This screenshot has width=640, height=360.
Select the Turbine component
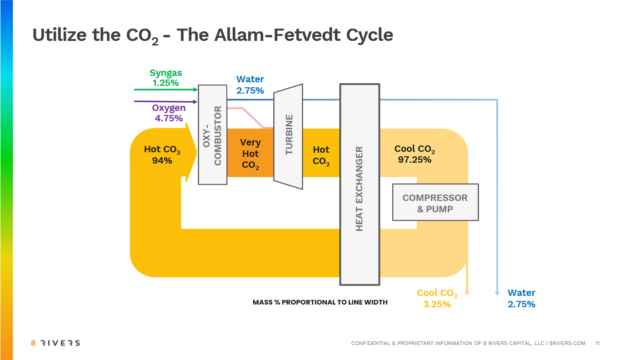tap(288, 135)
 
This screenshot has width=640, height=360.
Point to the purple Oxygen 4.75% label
tap(168, 112)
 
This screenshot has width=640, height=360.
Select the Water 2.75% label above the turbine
tap(250, 85)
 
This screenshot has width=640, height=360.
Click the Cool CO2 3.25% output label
tap(437, 298)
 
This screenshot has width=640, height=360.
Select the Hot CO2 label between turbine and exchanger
tap(321, 154)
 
